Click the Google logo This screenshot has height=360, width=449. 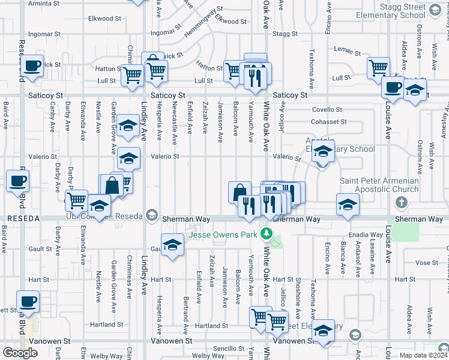click(x=20, y=353)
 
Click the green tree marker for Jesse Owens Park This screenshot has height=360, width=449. click(x=270, y=235)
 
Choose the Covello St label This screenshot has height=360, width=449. click(x=327, y=110)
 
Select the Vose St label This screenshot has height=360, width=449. click(x=426, y=263)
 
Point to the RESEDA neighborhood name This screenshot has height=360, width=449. click(x=22, y=219)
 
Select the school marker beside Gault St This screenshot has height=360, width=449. click(x=172, y=245)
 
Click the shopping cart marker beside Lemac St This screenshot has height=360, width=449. click(x=378, y=68)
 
